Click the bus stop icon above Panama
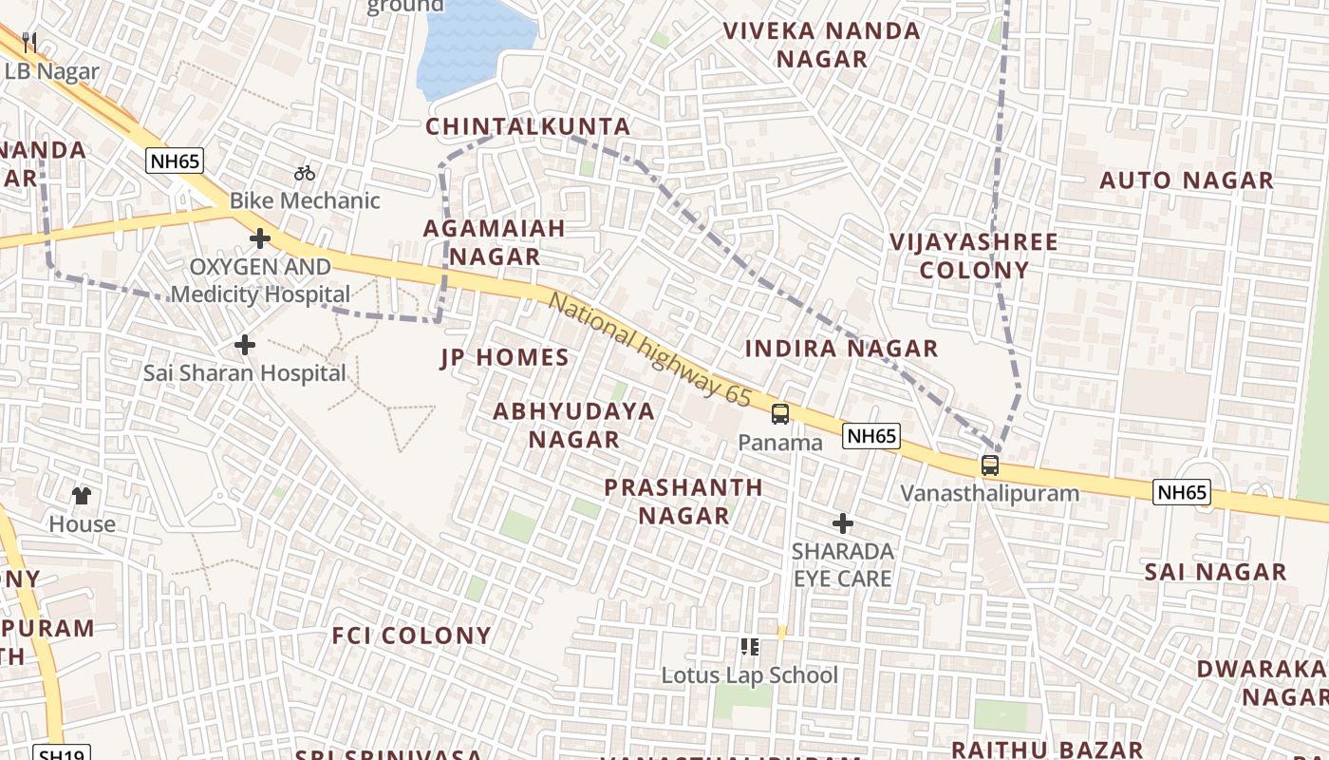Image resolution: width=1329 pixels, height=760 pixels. (779, 414)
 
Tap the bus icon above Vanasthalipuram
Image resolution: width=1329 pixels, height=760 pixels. (990, 465)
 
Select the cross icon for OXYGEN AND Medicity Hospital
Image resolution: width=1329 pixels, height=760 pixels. (259, 238)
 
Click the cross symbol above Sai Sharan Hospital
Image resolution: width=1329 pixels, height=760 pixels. (245, 345)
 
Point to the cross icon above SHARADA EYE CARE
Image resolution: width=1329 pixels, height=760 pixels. (842, 523)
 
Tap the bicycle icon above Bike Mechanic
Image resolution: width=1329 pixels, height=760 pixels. (304, 173)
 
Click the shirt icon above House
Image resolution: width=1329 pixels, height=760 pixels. (82, 495)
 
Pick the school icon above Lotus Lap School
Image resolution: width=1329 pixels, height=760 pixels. (750, 647)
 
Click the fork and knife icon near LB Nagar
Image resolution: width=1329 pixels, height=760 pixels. (29, 42)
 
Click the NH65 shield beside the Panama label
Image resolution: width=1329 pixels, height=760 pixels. (870, 436)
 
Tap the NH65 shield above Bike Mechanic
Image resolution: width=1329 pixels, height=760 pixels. (176, 161)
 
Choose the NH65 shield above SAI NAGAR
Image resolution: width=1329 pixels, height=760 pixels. (1182, 492)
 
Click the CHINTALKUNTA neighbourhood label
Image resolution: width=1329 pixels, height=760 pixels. (528, 126)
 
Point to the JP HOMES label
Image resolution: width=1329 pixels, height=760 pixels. (504, 358)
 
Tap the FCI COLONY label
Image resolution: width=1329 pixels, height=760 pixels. (411, 636)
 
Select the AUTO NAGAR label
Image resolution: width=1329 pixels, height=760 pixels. (1186, 180)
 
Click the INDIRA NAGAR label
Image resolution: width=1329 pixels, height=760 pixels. (841, 349)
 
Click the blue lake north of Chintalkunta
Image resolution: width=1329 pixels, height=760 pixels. (472, 47)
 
